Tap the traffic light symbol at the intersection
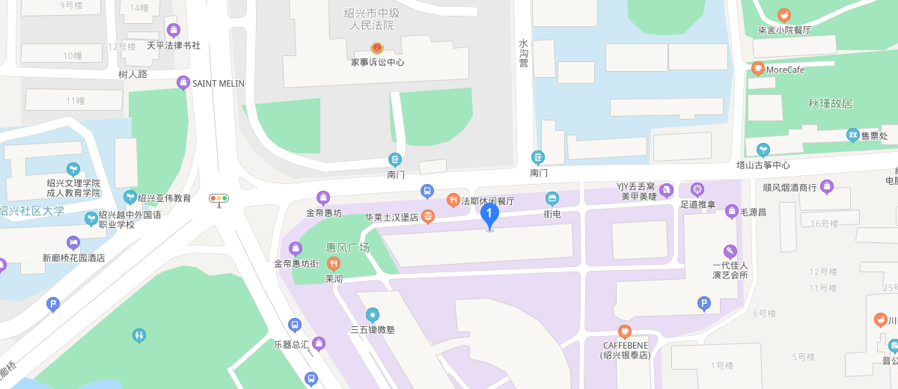[219, 199]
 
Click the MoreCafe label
[785, 70]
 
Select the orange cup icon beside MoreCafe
[757, 69]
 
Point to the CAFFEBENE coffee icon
[624, 331]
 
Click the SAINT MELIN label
[219, 83]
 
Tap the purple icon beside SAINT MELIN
[183, 82]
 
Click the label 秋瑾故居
[830, 104]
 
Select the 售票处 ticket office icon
[852, 135]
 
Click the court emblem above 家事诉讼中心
[376, 48]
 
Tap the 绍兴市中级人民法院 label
[372, 19]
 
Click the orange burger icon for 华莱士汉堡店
[427, 217]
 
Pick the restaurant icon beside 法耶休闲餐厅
[453, 200]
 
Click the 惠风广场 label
[347, 247]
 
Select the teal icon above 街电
[552, 198]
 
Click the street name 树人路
[132, 74]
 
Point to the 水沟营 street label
[523, 53]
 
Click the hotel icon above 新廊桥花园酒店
[73, 242]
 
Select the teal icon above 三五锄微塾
[372, 315]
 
